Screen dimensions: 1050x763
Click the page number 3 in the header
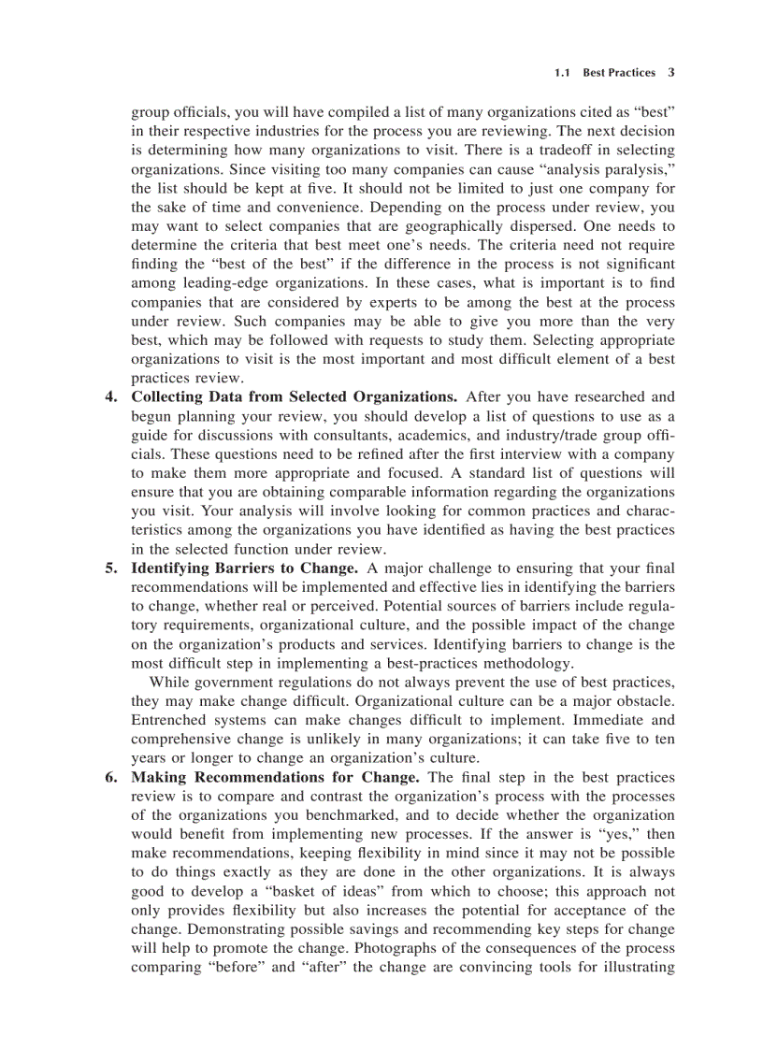point(671,72)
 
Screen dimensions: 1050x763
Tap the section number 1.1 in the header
point(562,72)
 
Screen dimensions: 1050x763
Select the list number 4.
point(111,397)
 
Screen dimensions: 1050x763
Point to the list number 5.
point(111,568)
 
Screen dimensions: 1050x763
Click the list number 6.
point(111,778)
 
